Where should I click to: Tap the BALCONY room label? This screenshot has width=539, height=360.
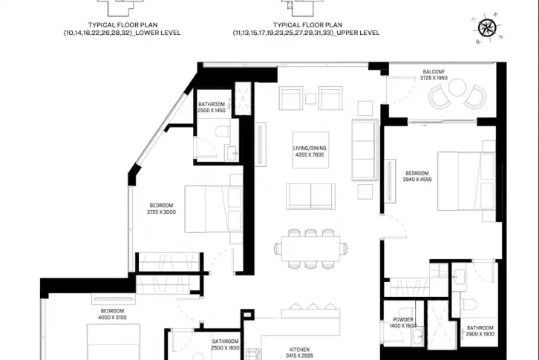(434, 72)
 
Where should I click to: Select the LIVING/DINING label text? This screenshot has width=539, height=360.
(310, 148)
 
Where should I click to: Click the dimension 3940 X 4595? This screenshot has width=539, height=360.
(417, 180)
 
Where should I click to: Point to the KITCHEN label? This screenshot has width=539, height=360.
(299, 350)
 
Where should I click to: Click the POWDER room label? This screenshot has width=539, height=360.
(403, 320)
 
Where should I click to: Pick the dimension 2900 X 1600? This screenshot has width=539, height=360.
(480, 334)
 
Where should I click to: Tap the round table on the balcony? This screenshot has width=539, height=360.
(457, 88)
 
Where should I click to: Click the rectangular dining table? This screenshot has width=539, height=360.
(311, 249)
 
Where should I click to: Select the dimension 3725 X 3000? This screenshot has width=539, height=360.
(161, 212)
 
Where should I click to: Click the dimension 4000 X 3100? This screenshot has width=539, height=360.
(112, 318)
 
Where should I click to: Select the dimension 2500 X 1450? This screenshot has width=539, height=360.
(212, 111)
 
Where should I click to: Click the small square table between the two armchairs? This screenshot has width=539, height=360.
(311, 99)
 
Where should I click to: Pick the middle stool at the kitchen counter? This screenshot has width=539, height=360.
(313, 306)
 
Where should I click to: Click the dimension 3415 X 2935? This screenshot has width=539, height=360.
(299, 356)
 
